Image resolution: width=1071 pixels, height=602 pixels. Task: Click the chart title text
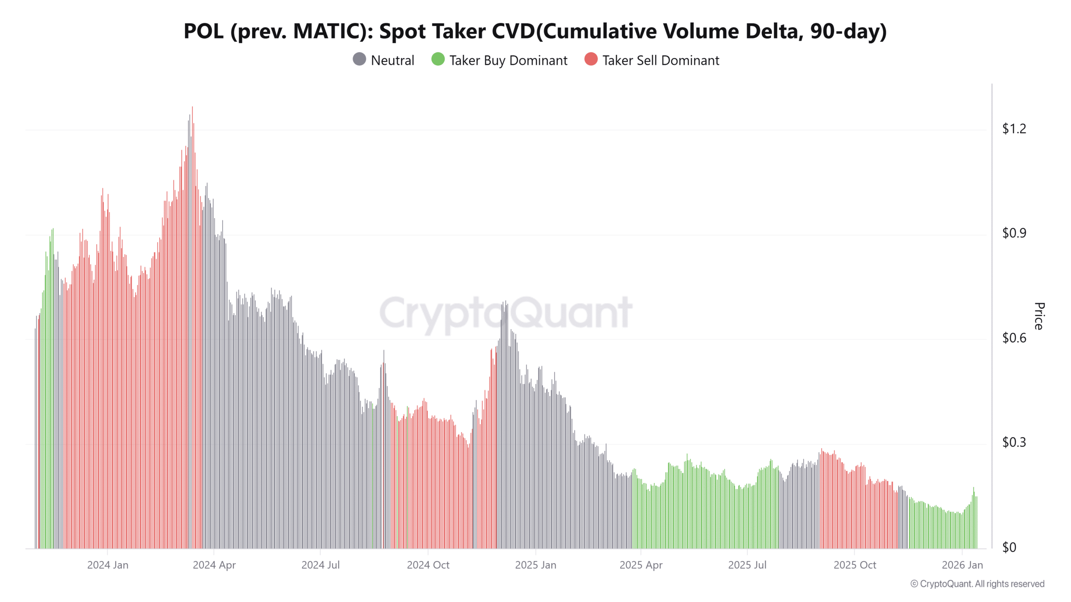[x=535, y=31]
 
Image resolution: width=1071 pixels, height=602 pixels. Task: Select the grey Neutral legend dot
[x=359, y=59]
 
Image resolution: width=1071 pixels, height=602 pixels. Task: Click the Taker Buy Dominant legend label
[x=508, y=61]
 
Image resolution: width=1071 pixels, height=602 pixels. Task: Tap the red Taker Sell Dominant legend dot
[x=591, y=59]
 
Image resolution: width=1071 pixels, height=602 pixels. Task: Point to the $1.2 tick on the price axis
[x=1014, y=129]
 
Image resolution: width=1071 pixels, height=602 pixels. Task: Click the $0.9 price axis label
[x=1014, y=233]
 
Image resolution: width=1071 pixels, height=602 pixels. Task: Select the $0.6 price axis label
[x=1014, y=338]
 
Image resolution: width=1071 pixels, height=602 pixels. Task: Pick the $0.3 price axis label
[x=1014, y=442]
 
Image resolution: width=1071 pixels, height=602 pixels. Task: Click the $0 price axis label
[x=1009, y=547]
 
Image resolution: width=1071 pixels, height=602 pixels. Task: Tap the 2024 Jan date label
[x=108, y=565]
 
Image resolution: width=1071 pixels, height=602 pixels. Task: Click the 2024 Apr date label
[x=214, y=565]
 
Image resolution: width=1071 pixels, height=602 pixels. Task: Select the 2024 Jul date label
[x=320, y=565]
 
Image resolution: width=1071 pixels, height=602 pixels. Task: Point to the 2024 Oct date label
[x=428, y=565]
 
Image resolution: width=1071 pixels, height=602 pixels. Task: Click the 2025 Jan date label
[x=535, y=565]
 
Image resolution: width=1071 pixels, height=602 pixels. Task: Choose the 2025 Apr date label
[x=641, y=565]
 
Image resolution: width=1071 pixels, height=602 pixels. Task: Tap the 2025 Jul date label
[x=747, y=565]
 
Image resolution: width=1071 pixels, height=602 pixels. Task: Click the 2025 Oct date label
[x=855, y=565]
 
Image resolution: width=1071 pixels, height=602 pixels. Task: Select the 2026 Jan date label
[x=962, y=565]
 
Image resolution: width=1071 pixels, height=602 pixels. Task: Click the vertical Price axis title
[x=1039, y=316]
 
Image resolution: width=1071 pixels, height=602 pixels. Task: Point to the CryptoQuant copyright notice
[x=977, y=584]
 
